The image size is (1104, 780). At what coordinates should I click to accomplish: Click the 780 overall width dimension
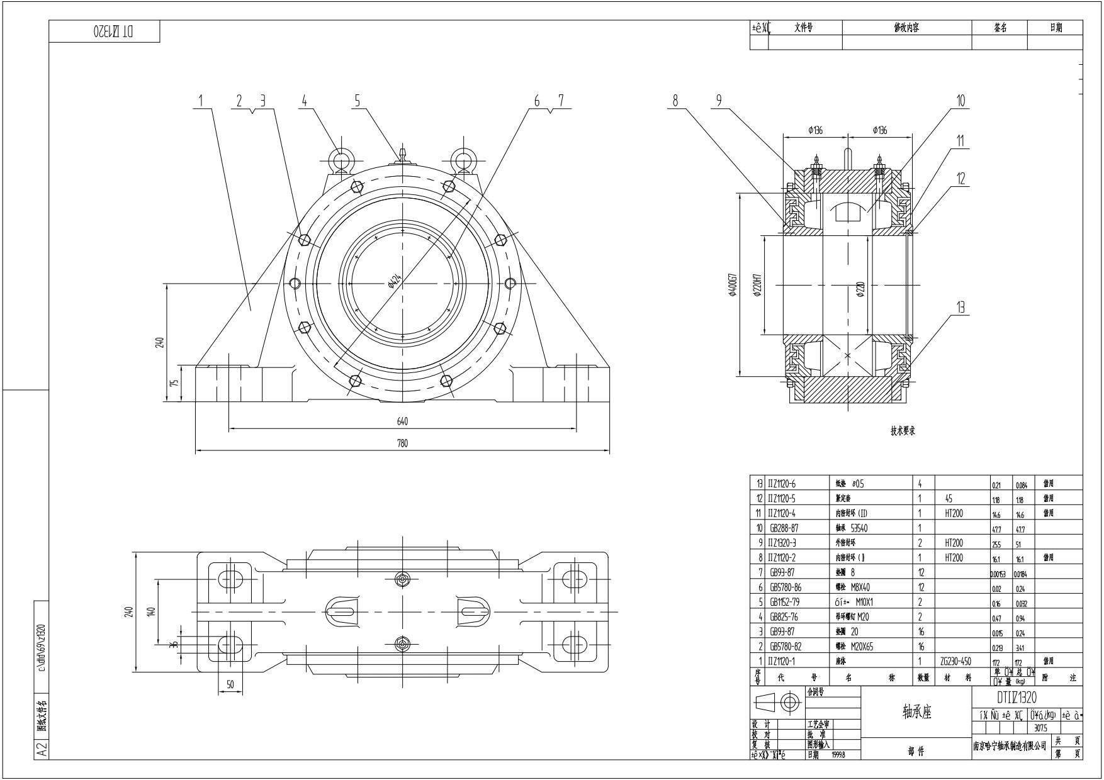pyautogui.click(x=402, y=443)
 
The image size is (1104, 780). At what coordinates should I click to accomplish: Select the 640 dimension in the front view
pyautogui.click(x=402, y=421)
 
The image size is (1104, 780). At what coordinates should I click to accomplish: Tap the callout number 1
pyautogui.click(x=201, y=100)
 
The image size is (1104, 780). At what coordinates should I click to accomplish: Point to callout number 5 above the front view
pyautogui.click(x=357, y=100)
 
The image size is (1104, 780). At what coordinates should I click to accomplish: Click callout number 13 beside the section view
pyautogui.click(x=960, y=307)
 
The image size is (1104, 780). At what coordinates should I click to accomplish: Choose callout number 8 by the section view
pyautogui.click(x=675, y=100)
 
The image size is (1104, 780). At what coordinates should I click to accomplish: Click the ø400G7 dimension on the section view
pyautogui.click(x=733, y=286)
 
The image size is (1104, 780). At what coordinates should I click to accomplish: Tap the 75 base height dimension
pyautogui.click(x=176, y=382)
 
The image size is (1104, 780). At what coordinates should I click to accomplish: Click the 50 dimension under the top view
pyautogui.click(x=230, y=684)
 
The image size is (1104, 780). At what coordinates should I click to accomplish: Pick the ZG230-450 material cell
pyautogui.click(x=955, y=661)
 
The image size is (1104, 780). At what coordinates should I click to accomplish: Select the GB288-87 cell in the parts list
pyautogui.click(x=784, y=528)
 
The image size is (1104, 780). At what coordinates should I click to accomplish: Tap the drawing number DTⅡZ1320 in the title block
pyautogui.click(x=1017, y=697)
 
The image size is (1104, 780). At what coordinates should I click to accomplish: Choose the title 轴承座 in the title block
pyautogui.click(x=916, y=711)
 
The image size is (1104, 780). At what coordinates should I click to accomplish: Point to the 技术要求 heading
pyautogui.click(x=902, y=431)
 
